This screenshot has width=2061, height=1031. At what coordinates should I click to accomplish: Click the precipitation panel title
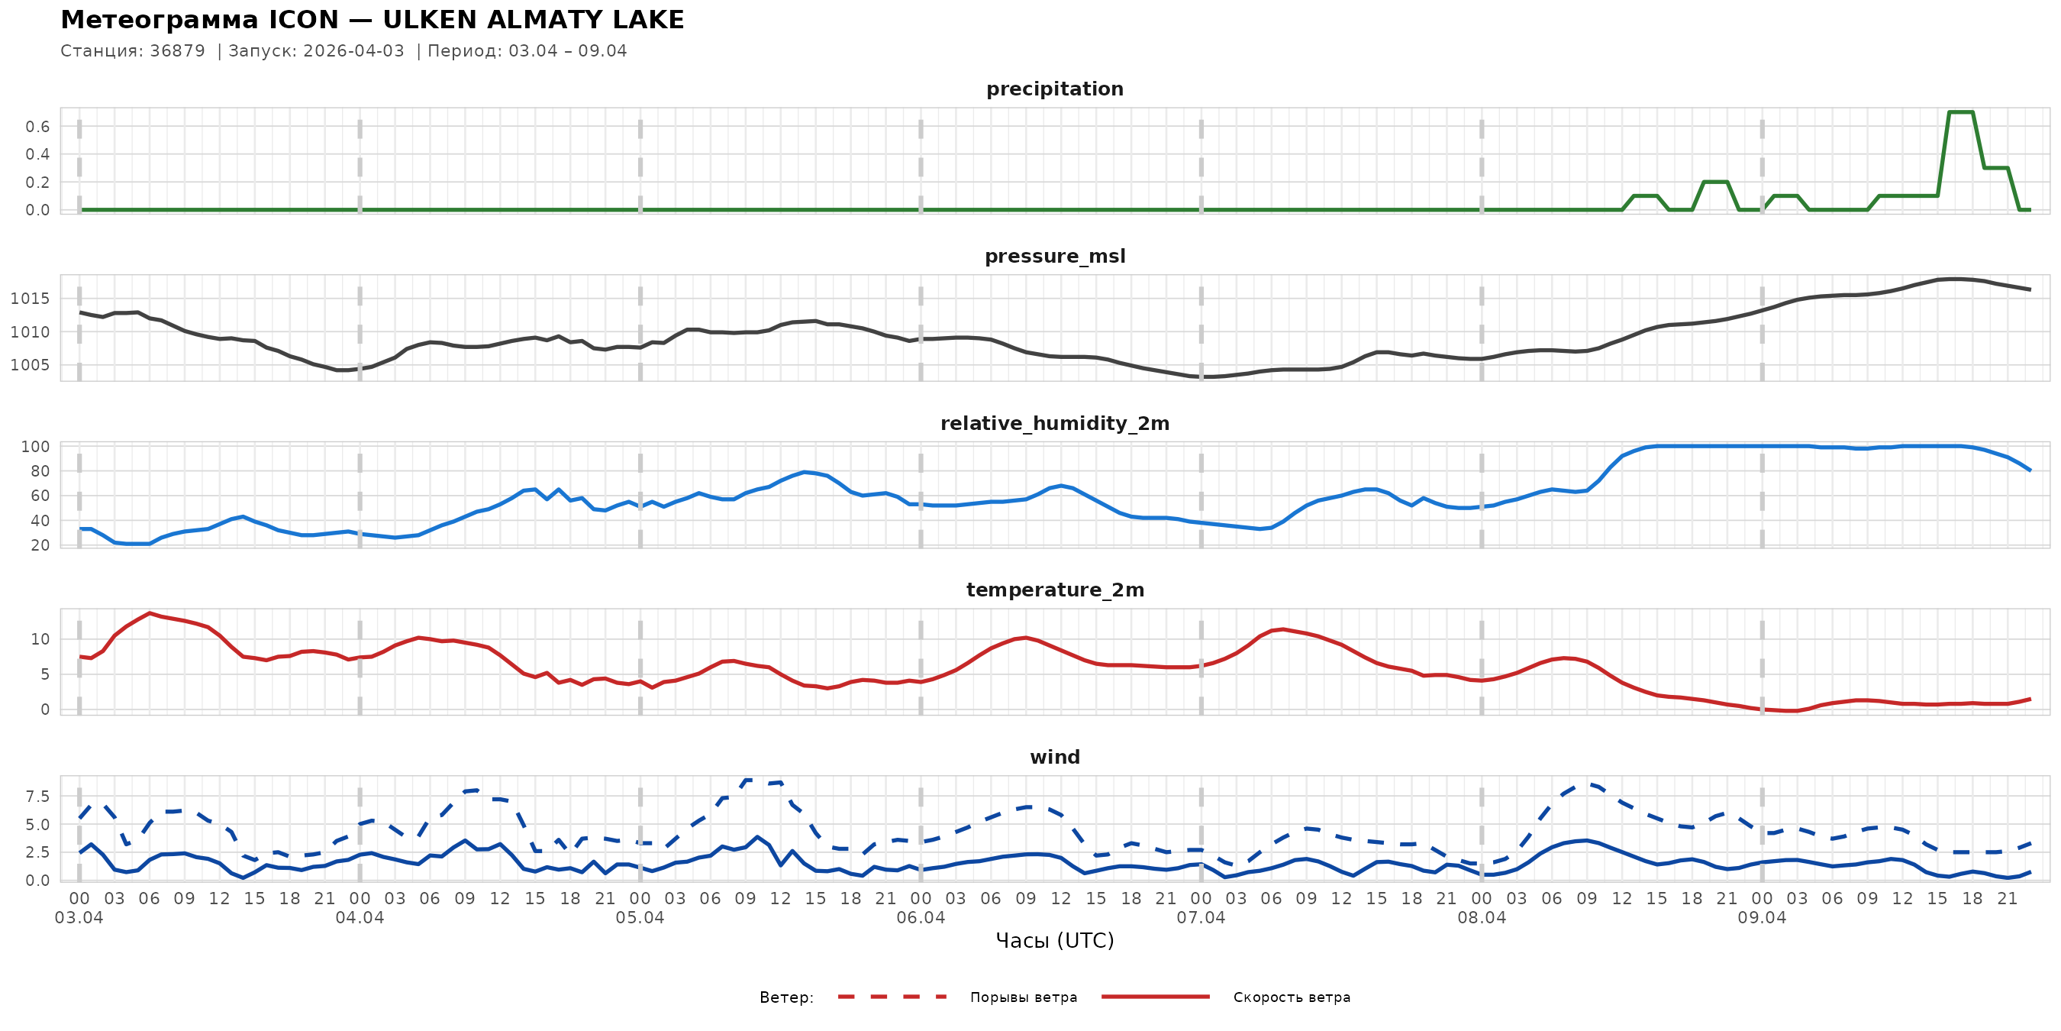coord(1054,89)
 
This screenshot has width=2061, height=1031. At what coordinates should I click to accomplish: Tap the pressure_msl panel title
coord(1054,256)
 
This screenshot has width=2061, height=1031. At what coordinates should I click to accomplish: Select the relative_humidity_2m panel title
coord(1054,423)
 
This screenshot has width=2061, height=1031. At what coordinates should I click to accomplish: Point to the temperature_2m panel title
coord(1054,590)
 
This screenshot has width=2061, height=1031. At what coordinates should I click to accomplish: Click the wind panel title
coord(1054,758)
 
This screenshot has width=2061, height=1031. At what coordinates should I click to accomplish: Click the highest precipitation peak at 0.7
coord(1960,112)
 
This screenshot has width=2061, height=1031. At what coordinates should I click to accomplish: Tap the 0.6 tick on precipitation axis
coord(37,127)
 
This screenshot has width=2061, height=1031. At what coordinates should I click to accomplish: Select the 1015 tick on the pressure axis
coord(30,299)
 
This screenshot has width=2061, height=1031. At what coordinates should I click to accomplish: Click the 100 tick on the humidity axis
coord(35,447)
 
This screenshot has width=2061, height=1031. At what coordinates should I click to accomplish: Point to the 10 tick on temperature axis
coord(40,638)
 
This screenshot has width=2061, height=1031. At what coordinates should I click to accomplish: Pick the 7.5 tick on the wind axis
coord(37,797)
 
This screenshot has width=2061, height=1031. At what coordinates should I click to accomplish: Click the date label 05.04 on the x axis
coord(640,918)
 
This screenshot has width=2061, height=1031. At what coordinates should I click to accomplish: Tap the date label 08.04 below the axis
coord(1482,918)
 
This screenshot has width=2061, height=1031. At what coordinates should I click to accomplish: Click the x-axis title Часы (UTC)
coord(1054,941)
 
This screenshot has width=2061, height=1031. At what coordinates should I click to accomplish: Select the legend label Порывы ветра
coord(1024,997)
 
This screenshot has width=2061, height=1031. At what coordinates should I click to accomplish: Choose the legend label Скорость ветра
coord(1292,997)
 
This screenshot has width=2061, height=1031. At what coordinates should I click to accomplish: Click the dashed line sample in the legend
coord(892,997)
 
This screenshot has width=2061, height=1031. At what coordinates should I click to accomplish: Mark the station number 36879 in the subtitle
coord(178,51)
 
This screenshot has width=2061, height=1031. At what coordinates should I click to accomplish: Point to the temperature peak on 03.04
coord(150,613)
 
